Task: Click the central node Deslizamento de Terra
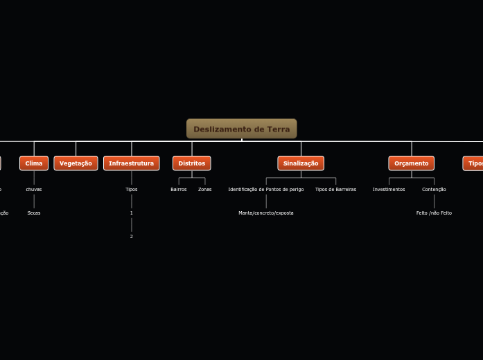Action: pos(241,129)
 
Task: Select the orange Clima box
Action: pos(34,163)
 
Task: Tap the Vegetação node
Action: pos(76,163)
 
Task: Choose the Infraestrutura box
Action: pos(132,163)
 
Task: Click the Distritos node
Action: pos(192,163)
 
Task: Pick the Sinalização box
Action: pos(301,163)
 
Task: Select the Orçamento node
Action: pos(412,163)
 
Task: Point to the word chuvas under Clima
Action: pos(34,189)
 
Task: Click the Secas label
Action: pos(34,213)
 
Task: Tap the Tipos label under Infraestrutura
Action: pos(132,189)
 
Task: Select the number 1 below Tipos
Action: pos(132,213)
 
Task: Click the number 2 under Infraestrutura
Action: pos(132,236)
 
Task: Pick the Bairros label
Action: pos(179,189)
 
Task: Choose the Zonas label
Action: pos(205,189)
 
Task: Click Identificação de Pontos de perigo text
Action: pos(266,189)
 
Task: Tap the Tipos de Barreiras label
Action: pos(336,189)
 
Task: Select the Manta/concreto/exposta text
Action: pos(266,213)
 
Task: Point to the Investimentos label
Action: pos(389,189)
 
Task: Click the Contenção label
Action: pos(434,189)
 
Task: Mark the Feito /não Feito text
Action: pos(434,213)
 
